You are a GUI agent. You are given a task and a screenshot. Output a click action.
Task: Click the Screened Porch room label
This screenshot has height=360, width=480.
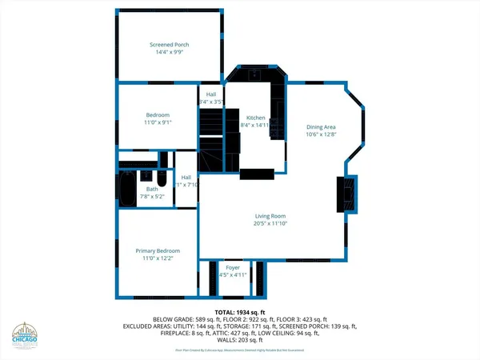point(169,44)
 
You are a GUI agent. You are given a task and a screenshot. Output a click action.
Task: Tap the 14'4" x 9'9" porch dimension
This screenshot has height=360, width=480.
point(169,54)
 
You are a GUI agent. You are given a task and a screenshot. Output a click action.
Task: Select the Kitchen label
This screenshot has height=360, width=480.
point(255,117)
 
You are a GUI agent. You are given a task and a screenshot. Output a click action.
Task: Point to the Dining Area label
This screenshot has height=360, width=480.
point(320,126)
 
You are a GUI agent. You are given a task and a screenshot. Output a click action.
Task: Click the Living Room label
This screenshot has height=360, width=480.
point(270,216)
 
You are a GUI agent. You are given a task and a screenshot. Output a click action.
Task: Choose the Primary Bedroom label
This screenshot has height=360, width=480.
point(158,250)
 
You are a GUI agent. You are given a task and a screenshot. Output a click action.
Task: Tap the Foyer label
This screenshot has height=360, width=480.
point(233,267)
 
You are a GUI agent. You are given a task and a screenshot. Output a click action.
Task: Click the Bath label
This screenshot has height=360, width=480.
point(150,188)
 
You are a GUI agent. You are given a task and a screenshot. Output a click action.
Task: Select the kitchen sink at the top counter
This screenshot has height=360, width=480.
point(254,75)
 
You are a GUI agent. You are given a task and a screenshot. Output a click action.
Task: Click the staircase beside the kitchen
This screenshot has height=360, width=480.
point(210,136)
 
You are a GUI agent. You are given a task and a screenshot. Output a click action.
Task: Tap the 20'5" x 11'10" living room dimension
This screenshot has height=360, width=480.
point(270,225)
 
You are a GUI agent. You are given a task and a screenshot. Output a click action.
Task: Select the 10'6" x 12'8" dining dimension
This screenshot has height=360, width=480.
point(320,135)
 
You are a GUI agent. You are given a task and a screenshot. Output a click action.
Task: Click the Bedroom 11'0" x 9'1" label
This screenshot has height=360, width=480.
point(157,119)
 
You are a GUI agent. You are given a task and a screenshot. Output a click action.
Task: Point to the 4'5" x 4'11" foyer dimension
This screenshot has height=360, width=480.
point(233,276)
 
